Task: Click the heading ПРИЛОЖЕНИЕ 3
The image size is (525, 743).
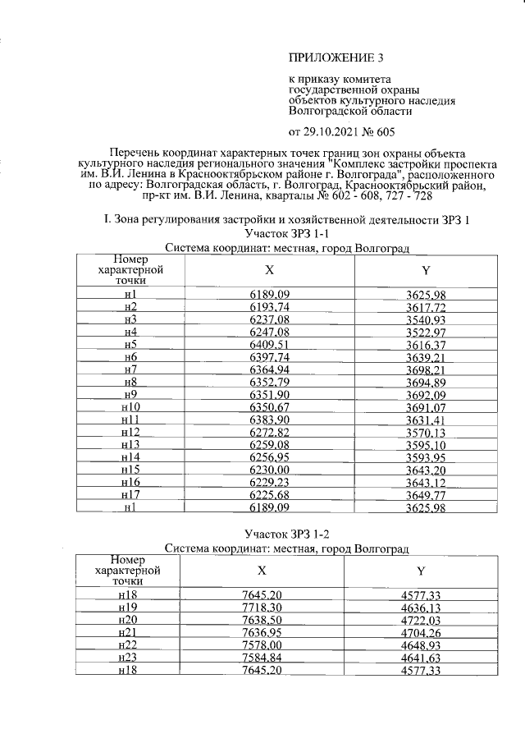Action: (x=336, y=57)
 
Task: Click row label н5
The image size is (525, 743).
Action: (x=130, y=346)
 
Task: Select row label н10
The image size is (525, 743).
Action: (x=130, y=407)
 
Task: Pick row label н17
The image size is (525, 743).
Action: (x=130, y=495)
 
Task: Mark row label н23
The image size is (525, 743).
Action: (x=127, y=658)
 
